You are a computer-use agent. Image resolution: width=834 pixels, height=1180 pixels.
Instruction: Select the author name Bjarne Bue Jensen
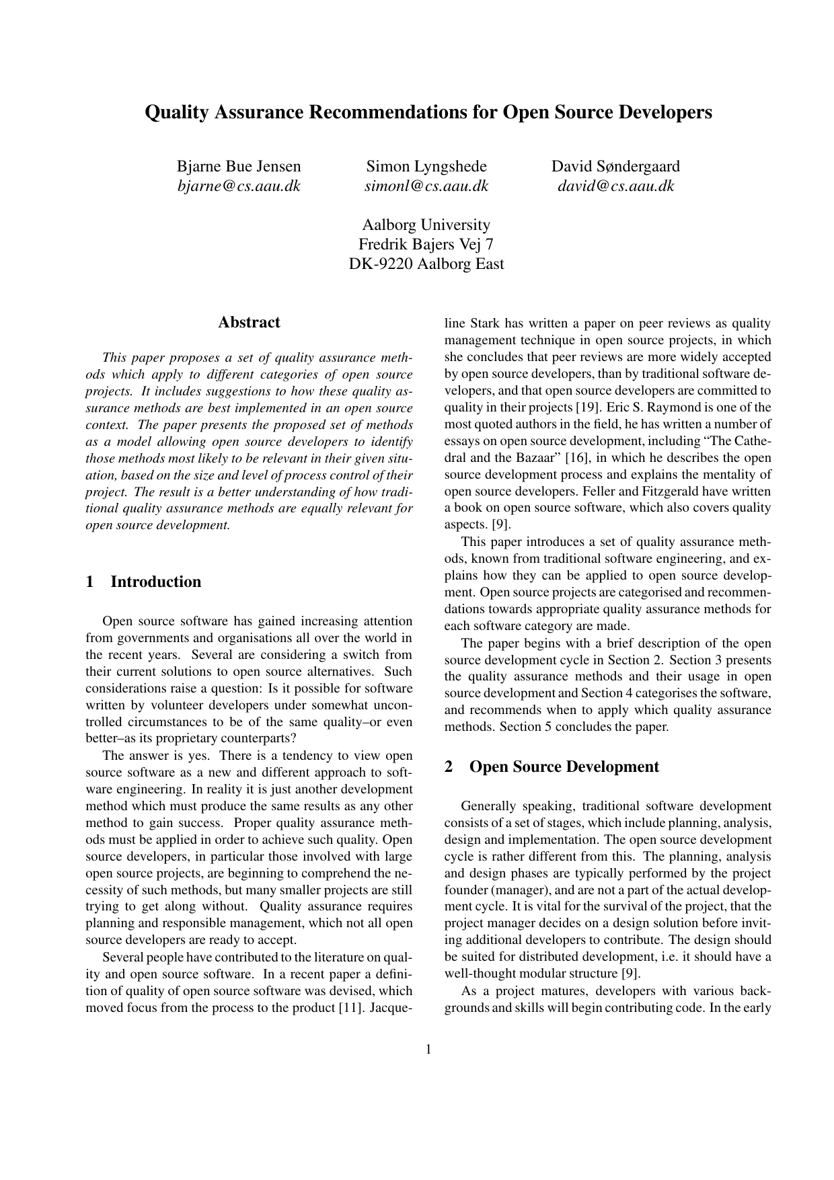click(239, 166)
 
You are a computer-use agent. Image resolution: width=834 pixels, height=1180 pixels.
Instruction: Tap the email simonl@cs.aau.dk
click(426, 186)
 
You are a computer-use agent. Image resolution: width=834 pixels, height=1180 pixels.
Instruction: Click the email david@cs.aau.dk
click(615, 186)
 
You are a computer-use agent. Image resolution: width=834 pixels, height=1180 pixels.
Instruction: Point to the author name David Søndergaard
click(615, 166)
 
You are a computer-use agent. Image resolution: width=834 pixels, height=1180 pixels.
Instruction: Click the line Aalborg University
click(426, 225)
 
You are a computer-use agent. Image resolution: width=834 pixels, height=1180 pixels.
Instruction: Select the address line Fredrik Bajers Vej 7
click(426, 244)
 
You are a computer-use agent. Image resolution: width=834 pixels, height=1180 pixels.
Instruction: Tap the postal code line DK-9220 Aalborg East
click(426, 264)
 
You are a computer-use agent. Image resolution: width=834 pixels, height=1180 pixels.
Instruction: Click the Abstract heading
click(249, 322)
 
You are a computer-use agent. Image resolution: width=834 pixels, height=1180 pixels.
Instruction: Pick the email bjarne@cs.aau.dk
click(239, 186)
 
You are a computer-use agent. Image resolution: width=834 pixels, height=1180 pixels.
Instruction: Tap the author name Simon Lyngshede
click(426, 166)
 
